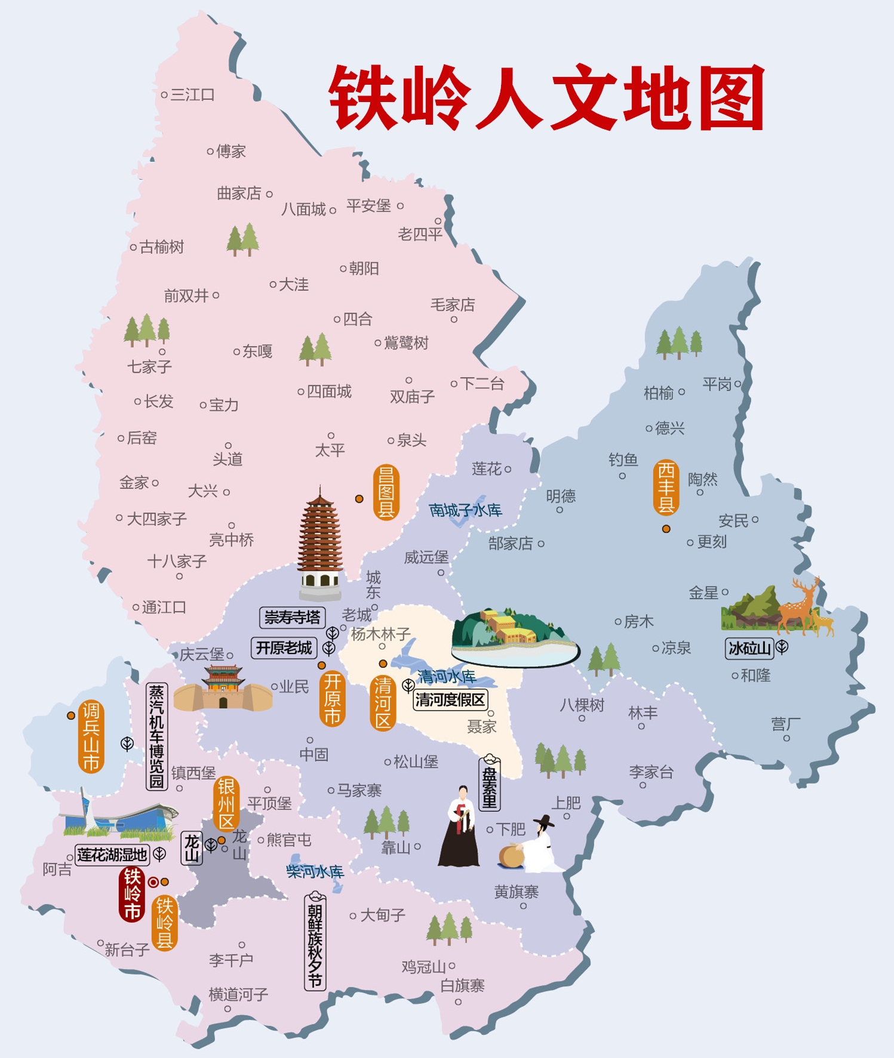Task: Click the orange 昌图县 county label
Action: pyautogui.click(x=386, y=492)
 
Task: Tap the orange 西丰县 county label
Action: pyautogui.click(x=666, y=488)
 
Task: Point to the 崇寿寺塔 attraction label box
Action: pyautogui.click(x=292, y=617)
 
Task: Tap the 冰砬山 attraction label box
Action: pyautogui.click(x=749, y=648)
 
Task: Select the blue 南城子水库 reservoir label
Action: pyautogui.click(x=465, y=510)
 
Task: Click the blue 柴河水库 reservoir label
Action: pyautogui.click(x=315, y=872)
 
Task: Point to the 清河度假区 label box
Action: pyautogui.click(x=450, y=699)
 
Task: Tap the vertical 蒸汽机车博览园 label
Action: pyautogui.click(x=156, y=736)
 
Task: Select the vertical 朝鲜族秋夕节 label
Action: pyautogui.click(x=315, y=942)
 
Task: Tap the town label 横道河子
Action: pyautogui.click(x=238, y=994)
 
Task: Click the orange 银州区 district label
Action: pyautogui.click(x=226, y=804)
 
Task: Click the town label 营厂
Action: pyautogui.click(x=785, y=724)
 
